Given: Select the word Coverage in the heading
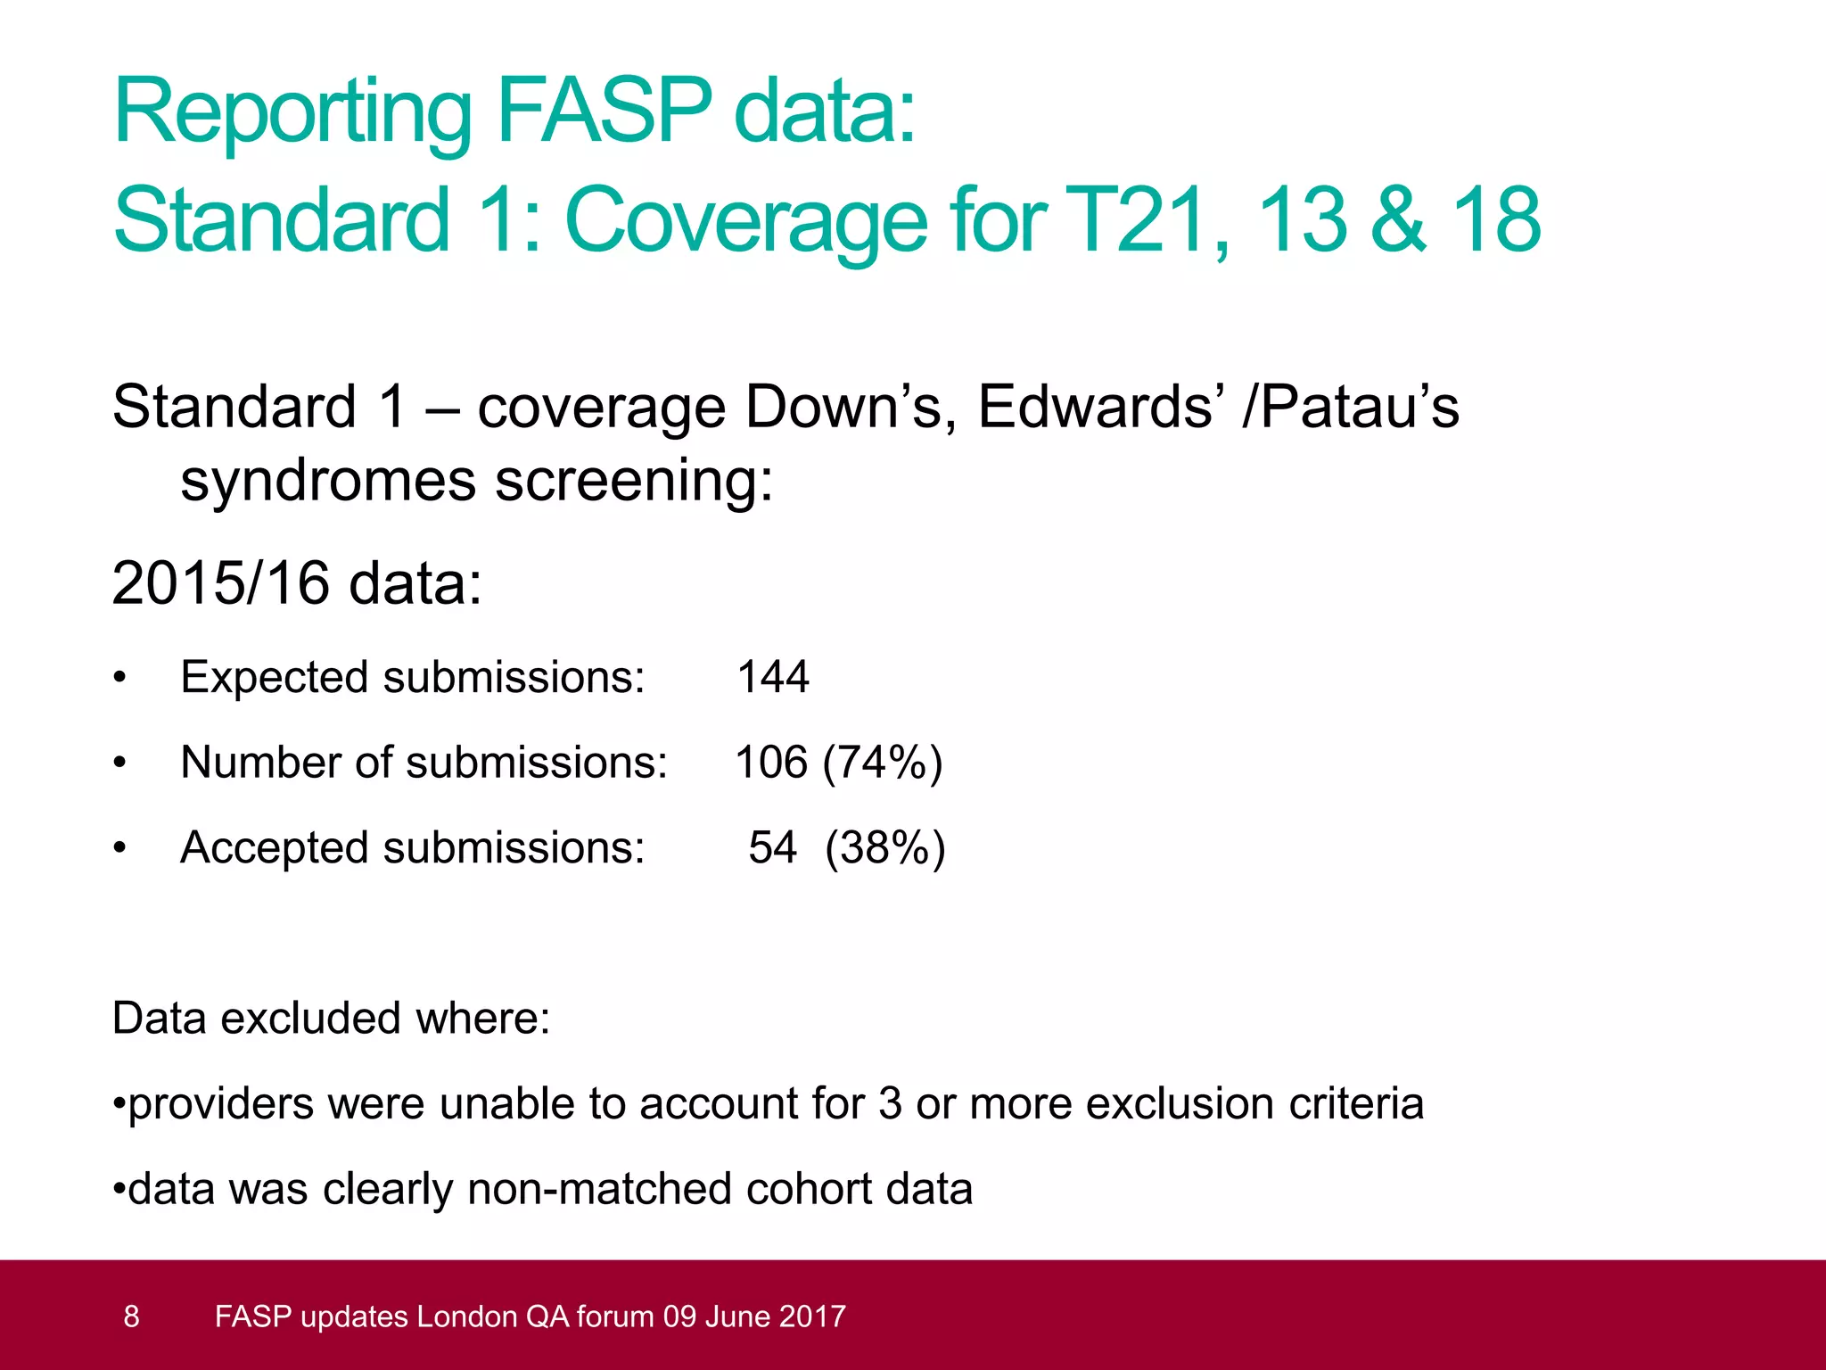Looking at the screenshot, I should coord(745,221).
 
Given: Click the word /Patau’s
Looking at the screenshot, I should coord(1351,407).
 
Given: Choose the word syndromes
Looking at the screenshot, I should coord(327,481).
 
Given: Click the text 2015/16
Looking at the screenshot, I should coord(220,583).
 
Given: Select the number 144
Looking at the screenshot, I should coord(773,677).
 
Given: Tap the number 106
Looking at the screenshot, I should coord(771,763).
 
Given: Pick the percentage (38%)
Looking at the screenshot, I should coord(884,847).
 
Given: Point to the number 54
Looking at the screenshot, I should coord(772,847).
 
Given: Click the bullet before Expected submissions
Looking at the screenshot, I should coord(119,678).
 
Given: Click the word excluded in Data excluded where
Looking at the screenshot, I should coord(311,1018).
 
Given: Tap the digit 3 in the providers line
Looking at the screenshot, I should coord(890,1103).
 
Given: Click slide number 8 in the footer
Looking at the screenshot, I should coord(131,1316).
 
